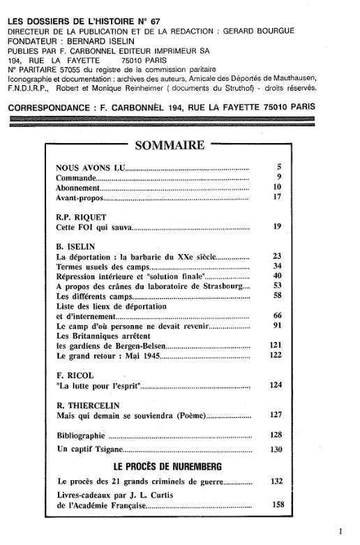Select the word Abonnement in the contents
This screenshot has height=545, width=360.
(79, 188)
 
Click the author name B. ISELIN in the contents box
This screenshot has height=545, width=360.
(76, 246)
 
